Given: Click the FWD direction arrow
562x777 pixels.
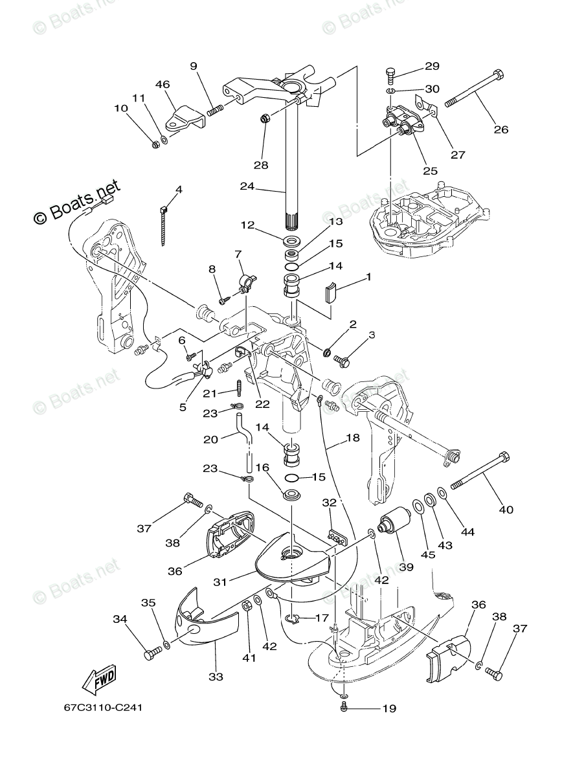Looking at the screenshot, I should point(99,679).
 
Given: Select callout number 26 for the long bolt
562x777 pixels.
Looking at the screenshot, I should point(500,129).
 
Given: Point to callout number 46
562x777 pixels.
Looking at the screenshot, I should point(163,84).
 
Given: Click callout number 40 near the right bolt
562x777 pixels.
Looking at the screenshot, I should point(506,509).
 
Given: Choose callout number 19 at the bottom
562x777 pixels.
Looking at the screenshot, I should point(388,708).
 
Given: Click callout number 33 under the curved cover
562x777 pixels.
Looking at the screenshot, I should point(216,677).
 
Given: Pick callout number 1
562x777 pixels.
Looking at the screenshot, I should point(368,277).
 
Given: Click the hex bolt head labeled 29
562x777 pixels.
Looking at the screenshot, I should point(390,73).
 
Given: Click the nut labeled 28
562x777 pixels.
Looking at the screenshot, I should point(265,118).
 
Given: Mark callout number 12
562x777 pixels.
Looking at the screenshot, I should point(247,225).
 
